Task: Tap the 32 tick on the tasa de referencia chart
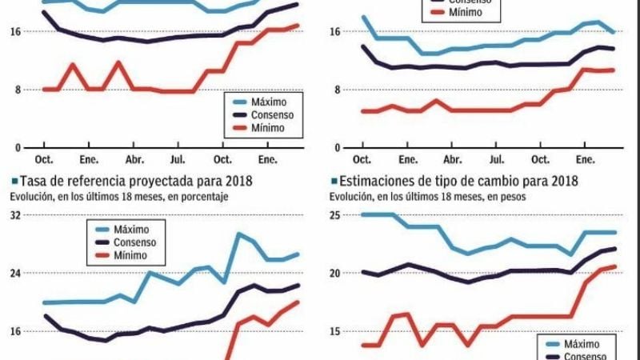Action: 16,214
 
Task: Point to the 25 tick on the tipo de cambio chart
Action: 335,214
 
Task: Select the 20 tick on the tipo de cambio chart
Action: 335,273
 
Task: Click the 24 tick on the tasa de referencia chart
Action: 16,273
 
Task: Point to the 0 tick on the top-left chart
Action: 16,147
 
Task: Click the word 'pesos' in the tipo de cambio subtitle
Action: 512,196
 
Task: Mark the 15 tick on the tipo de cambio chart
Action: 335,330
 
